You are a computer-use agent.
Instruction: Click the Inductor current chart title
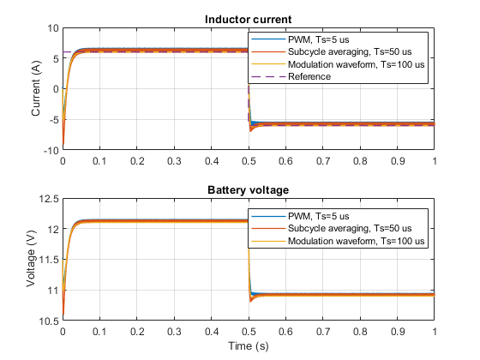[248, 20]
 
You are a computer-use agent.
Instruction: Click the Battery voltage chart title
[248, 190]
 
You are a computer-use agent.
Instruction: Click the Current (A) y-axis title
[36, 88]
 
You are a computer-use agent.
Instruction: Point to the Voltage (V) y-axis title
[31, 259]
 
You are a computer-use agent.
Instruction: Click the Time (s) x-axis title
[249, 346]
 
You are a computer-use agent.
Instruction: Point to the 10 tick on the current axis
[52, 28]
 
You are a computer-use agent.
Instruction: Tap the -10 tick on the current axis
[51, 150]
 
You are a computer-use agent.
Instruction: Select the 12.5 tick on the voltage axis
[49, 199]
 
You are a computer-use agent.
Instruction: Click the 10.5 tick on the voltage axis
[49, 321]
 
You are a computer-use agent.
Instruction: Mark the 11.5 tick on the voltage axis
[49, 260]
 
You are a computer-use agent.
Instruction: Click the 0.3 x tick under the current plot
[174, 161]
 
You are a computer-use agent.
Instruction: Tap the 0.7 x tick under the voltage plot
[323, 332]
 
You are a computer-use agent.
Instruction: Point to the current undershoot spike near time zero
[63, 143]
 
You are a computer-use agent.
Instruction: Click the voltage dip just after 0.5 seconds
[251, 301]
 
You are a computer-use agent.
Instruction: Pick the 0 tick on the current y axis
[56, 89]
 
